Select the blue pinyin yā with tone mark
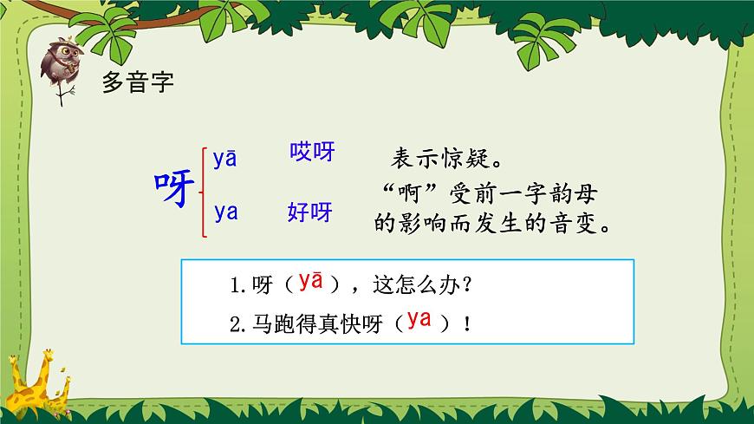click(225, 158)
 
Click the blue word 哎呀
click(311, 153)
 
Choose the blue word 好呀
click(309, 212)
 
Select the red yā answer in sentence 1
click(310, 281)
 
